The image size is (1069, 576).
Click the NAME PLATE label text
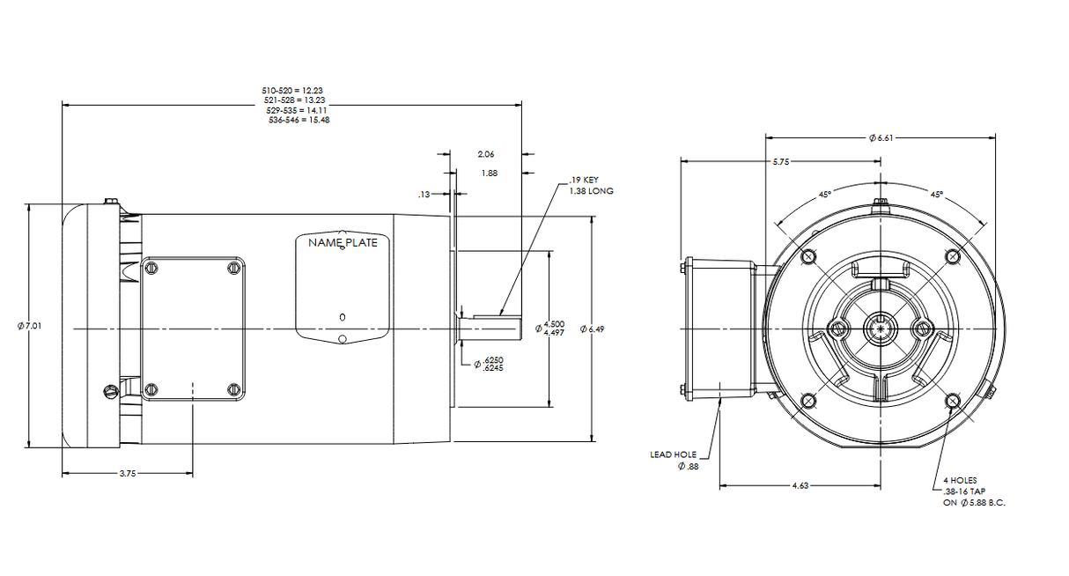click(343, 242)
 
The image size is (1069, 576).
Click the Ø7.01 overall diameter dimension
click(29, 326)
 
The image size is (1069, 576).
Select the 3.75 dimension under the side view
click(128, 474)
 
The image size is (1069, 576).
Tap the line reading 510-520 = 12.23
click(293, 91)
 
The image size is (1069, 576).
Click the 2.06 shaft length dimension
click(485, 153)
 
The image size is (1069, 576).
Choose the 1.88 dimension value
click(490, 173)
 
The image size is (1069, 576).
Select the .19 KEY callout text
click(584, 181)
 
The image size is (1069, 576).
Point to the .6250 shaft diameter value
click(492, 360)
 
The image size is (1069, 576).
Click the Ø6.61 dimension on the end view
click(882, 137)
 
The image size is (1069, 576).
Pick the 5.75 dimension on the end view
click(780, 162)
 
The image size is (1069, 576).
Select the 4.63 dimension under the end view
click(800, 485)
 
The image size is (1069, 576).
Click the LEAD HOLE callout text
click(673, 454)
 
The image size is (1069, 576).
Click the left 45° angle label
click(824, 194)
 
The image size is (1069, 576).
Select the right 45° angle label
click(936, 194)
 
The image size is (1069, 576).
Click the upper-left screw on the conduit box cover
click(151, 267)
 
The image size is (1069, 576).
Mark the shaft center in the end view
click(881, 329)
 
